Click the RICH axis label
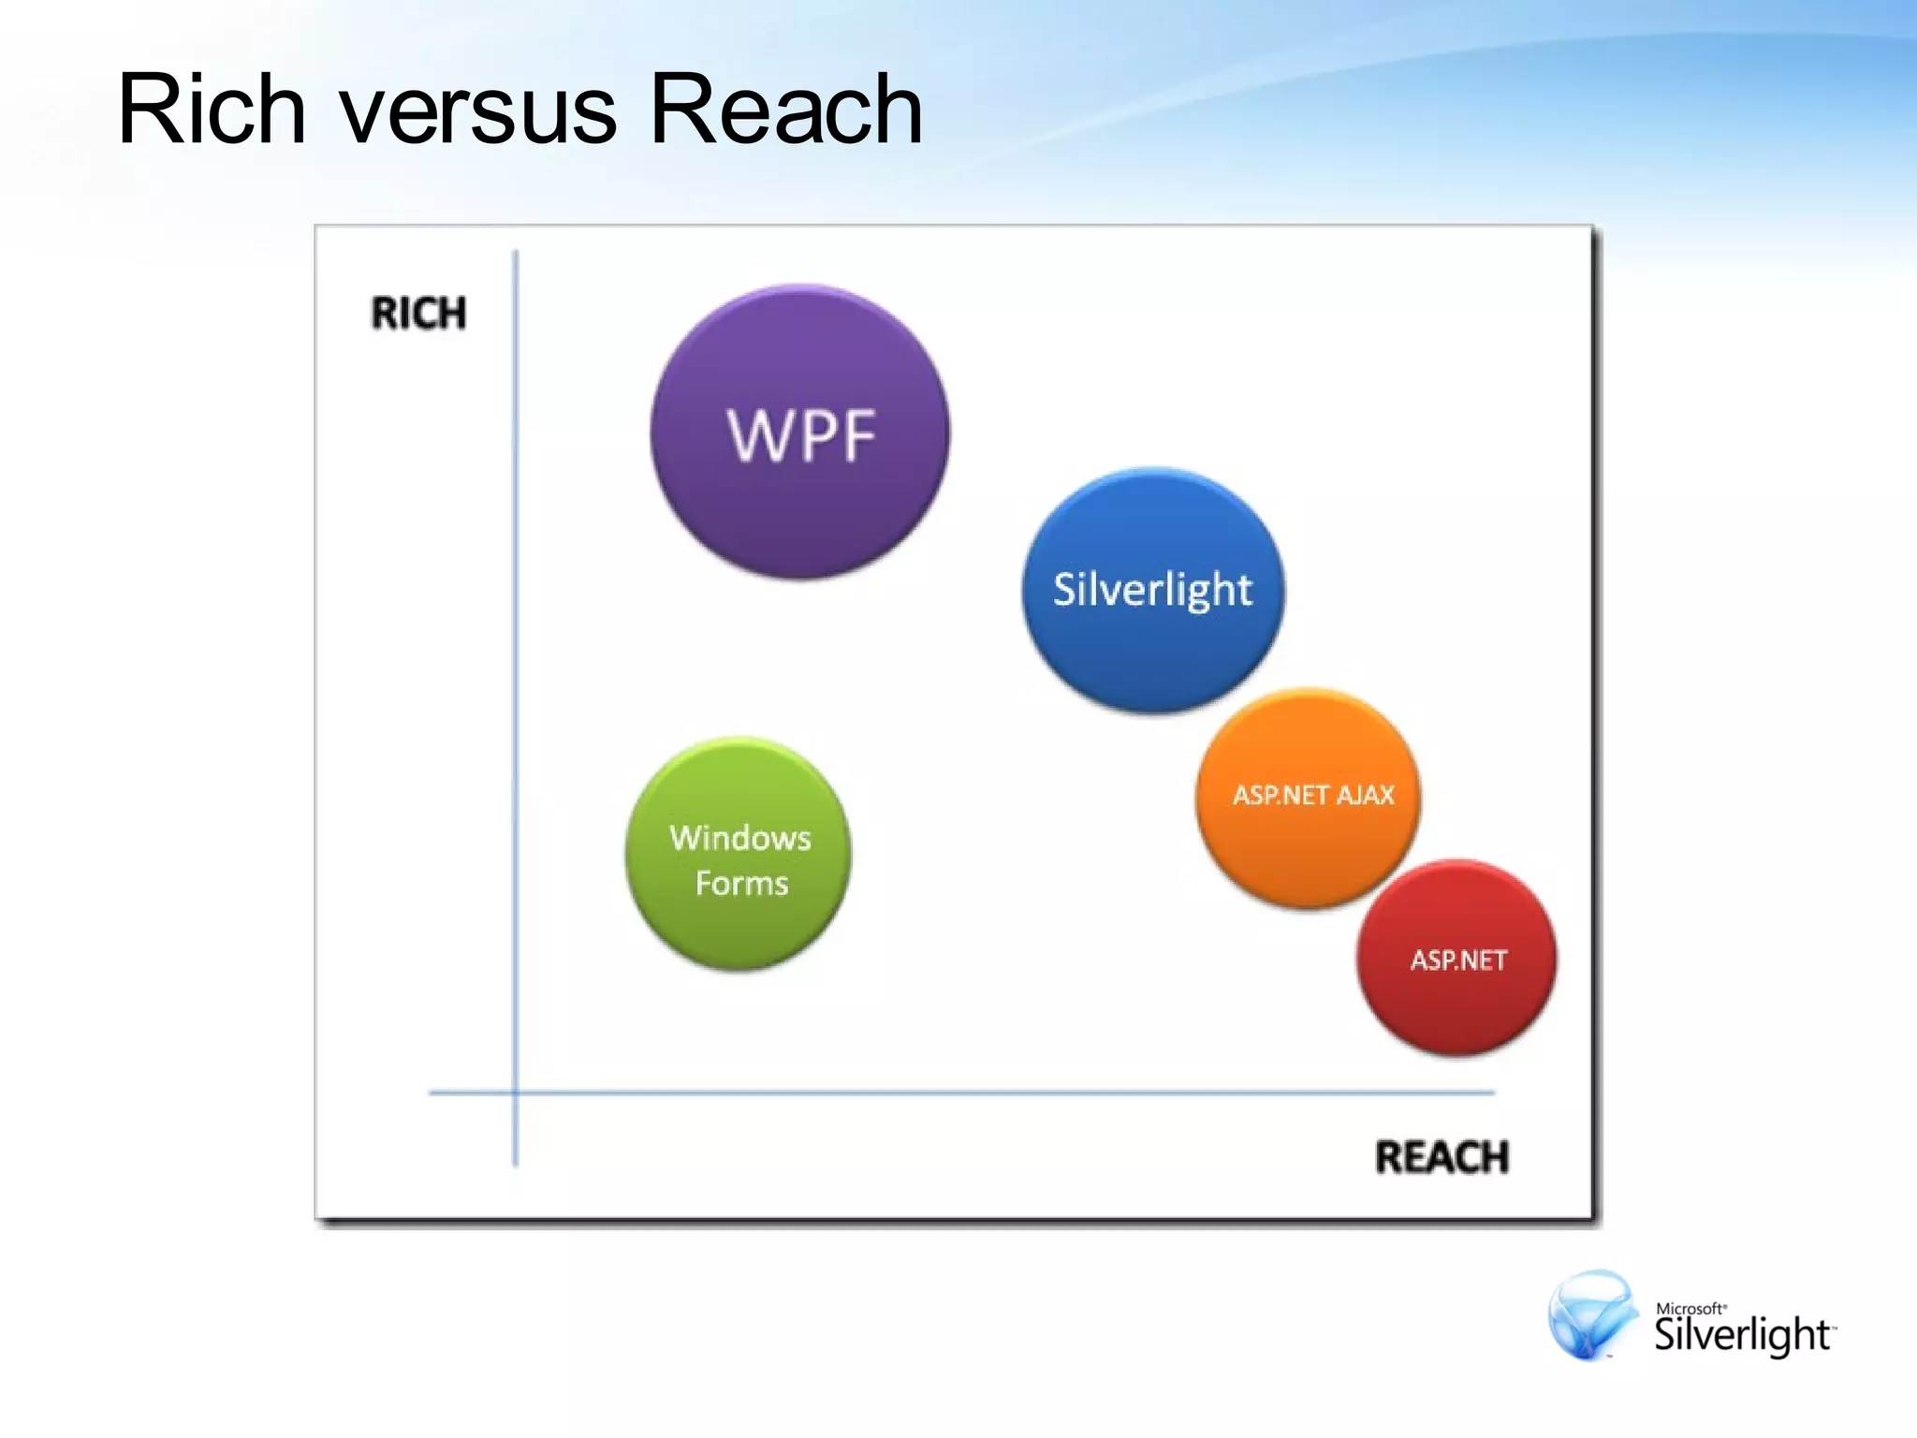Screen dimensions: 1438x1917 click(x=418, y=314)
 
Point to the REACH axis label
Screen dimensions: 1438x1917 click(x=1441, y=1157)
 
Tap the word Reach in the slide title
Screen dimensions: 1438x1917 click(x=785, y=110)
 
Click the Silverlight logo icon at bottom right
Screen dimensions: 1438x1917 click(x=1591, y=1314)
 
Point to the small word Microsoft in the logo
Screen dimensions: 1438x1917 click(x=1690, y=1308)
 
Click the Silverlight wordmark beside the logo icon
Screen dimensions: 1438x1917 click(x=1742, y=1335)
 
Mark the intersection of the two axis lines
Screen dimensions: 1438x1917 click(x=516, y=1092)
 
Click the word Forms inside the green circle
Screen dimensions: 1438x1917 click(x=741, y=883)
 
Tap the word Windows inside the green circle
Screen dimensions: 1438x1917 click(x=740, y=838)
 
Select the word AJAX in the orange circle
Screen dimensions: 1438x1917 click(x=1366, y=795)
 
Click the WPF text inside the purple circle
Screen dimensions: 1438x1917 click(x=801, y=435)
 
